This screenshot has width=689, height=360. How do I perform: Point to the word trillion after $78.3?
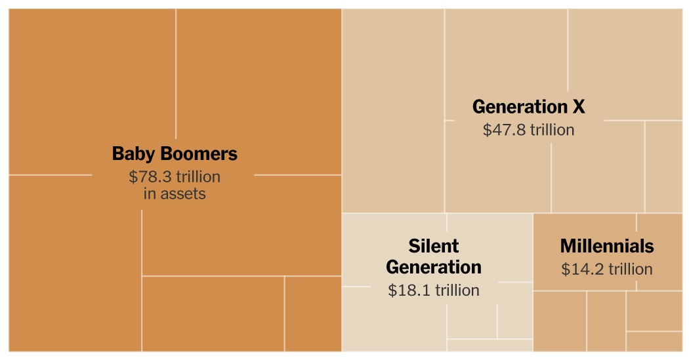point(198,177)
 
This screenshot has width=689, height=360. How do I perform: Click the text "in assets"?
point(175,194)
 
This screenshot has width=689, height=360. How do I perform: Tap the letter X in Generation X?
point(577,107)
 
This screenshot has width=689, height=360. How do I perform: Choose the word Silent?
point(434,247)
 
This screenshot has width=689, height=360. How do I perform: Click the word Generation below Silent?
point(434,268)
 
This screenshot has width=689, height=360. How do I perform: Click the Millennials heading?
point(607,247)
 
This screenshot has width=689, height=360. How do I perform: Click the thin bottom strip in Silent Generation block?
point(490,345)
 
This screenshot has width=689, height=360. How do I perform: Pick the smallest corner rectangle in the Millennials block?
point(654,341)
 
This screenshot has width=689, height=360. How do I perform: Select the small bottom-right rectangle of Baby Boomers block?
point(312,313)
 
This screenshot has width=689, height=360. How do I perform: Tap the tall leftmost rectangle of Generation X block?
point(393,111)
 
